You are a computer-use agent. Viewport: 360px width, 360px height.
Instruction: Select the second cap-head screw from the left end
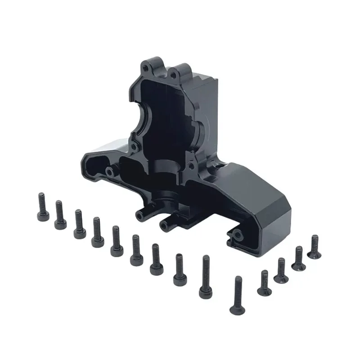59,215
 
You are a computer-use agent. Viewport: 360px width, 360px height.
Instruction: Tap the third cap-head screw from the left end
79,224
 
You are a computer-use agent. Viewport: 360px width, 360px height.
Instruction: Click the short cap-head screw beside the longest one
179,269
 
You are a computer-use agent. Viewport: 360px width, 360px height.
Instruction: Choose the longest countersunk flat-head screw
237,295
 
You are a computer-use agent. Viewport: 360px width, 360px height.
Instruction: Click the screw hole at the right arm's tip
237,233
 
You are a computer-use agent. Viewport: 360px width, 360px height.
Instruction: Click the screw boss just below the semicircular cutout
134,145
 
